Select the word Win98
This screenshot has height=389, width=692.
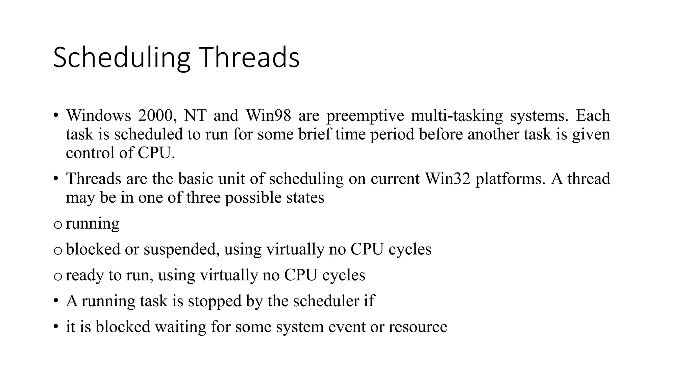[x=268, y=116]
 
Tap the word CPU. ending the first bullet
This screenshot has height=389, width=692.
[x=156, y=153]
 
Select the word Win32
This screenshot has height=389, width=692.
[x=447, y=179]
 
